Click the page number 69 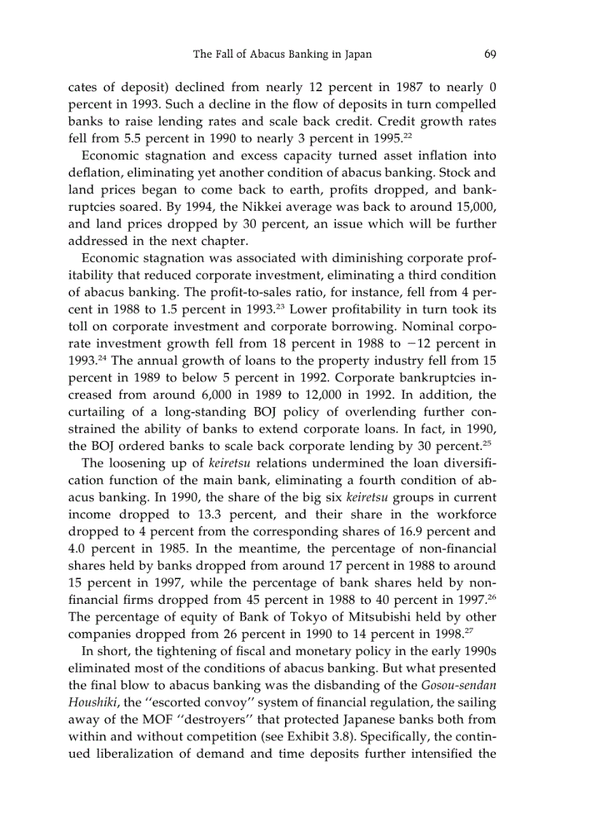tap(489, 54)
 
